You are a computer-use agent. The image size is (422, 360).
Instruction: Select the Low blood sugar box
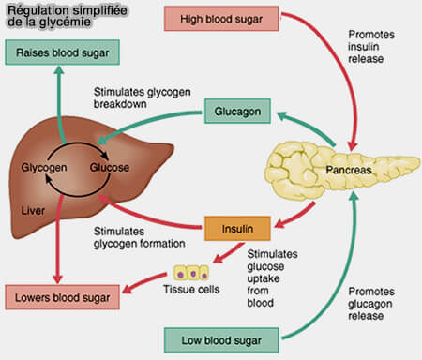[216, 337]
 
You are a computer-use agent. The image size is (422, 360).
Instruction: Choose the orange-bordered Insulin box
[237, 227]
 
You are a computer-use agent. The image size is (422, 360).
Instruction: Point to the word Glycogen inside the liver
[44, 167]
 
